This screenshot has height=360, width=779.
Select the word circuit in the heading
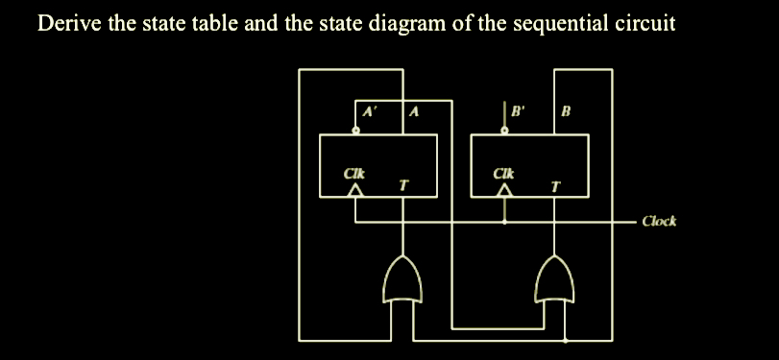click(645, 23)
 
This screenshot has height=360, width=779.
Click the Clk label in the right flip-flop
click(503, 174)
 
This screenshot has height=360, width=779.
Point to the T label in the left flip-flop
click(403, 184)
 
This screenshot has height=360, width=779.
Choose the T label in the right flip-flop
click(554, 184)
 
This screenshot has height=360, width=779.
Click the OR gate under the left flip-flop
click(402, 277)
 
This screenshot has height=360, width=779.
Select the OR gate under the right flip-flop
click(554, 277)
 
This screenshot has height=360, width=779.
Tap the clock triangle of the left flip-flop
click(355, 192)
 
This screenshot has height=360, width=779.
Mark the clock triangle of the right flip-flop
click(505, 192)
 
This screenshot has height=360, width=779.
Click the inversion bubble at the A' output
click(354, 132)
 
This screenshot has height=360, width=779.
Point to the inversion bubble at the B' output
click(505, 132)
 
